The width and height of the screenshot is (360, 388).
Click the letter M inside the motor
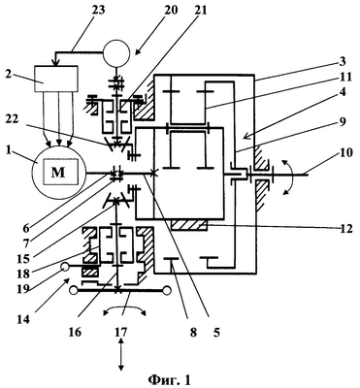(x=58, y=174)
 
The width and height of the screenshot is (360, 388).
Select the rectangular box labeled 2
(x=55, y=79)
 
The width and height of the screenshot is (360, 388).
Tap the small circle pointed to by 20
(x=116, y=52)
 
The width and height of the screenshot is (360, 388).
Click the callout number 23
(x=97, y=11)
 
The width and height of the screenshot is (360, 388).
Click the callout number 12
(x=344, y=230)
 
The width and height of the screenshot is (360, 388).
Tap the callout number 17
(x=121, y=332)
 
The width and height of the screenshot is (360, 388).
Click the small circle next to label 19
(x=65, y=267)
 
